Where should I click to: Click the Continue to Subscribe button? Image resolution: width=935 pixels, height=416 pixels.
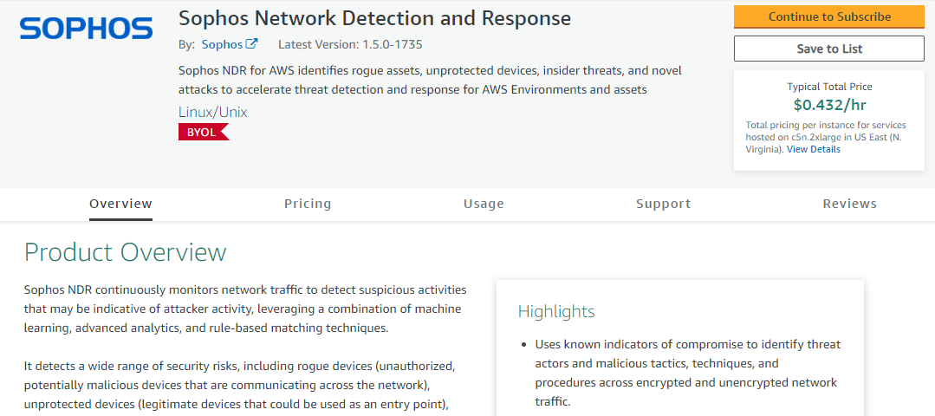click(x=828, y=16)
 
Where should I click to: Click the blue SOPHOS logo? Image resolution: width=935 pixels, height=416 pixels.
click(x=86, y=29)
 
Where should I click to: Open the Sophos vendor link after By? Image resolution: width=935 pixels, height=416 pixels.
click(x=222, y=44)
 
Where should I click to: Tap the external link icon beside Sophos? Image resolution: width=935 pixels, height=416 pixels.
click(x=251, y=44)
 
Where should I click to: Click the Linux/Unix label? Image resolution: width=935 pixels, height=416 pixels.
click(x=212, y=112)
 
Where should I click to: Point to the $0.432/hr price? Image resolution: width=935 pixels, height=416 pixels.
click(x=829, y=105)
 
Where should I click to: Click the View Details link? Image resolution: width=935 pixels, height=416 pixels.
click(x=813, y=149)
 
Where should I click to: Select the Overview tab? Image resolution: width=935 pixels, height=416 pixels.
click(x=120, y=204)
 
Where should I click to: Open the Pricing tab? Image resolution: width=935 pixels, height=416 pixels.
click(x=308, y=204)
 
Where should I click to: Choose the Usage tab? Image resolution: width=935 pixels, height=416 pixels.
click(x=484, y=204)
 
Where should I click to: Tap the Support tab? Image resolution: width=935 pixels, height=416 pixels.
click(x=663, y=204)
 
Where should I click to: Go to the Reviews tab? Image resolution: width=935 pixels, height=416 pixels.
click(x=849, y=204)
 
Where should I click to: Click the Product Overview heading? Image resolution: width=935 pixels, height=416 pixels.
click(x=125, y=252)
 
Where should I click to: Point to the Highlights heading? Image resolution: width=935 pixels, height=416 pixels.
click(x=556, y=311)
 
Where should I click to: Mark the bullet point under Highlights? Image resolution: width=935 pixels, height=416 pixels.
click(x=524, y=345)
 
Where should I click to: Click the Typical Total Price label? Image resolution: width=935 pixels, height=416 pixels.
click(x=829, y=87)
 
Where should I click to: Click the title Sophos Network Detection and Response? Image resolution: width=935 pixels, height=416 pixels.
click(x=374, y=18)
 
